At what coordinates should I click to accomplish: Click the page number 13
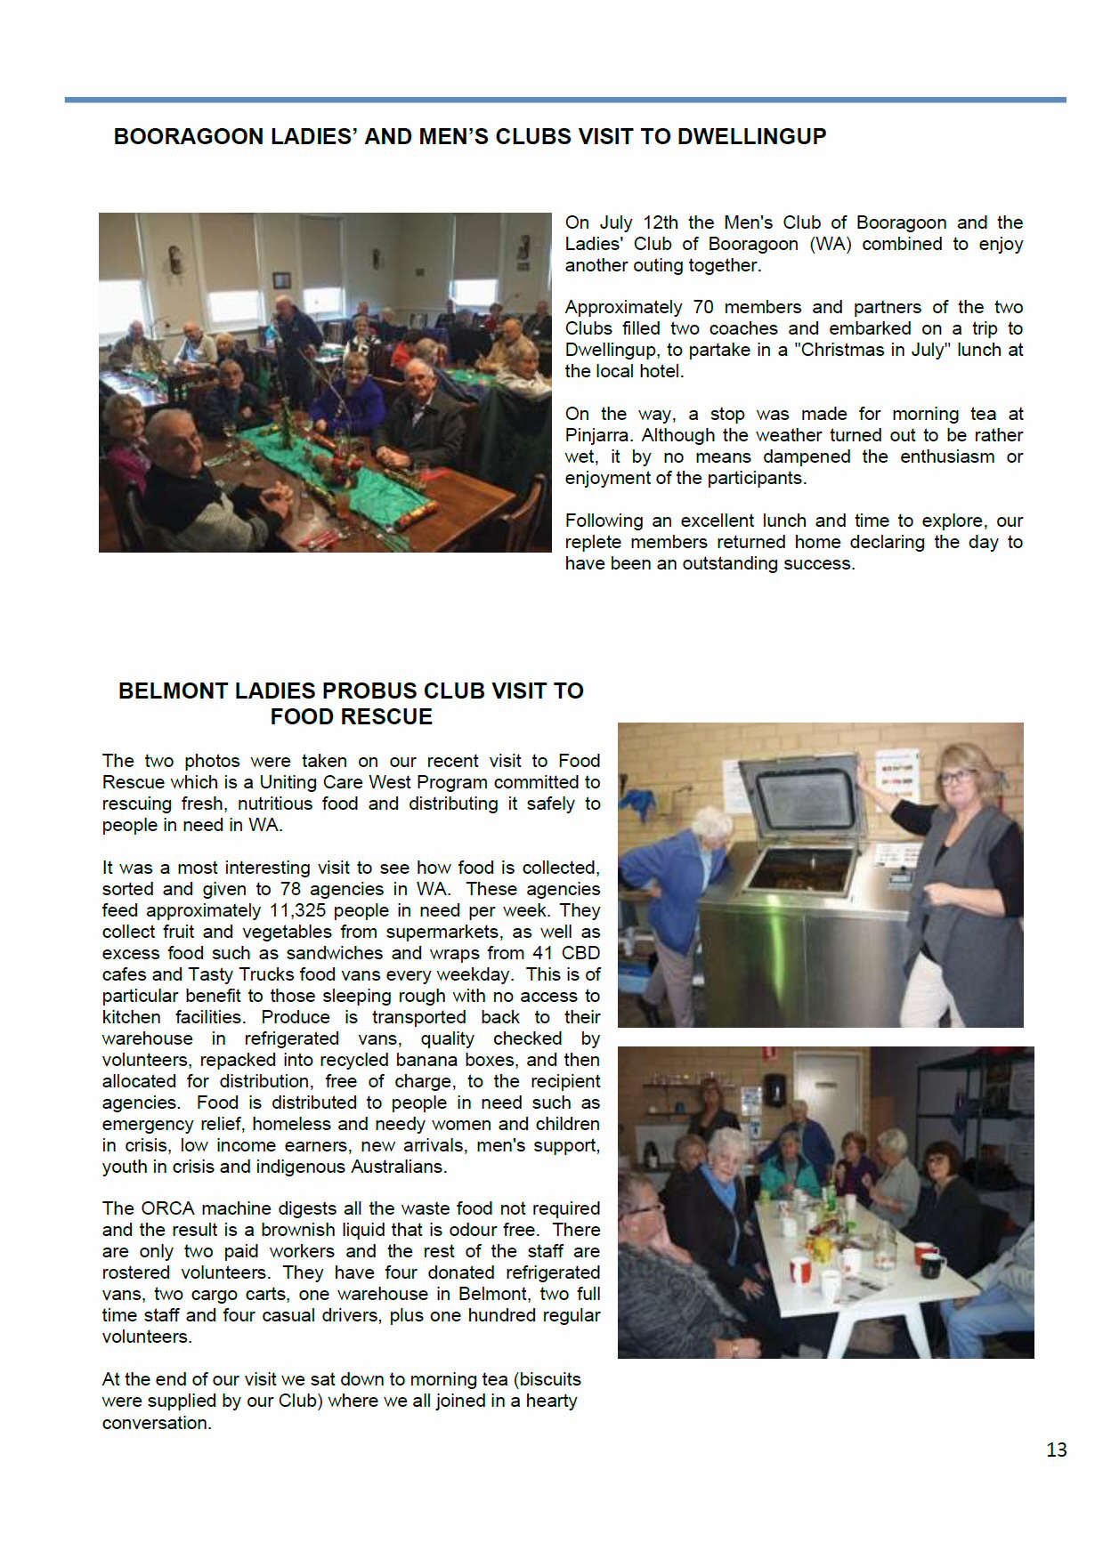pos(1056,1450)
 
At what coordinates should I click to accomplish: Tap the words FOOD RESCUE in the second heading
pos(351,716)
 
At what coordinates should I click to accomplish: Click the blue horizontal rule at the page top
pos(564,100)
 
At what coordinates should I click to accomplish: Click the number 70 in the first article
pos(703,307)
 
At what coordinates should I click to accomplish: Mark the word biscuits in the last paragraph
pos(547,1379)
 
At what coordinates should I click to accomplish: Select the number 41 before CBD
pos(543,953)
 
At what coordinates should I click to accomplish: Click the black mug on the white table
pos(932,1264)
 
